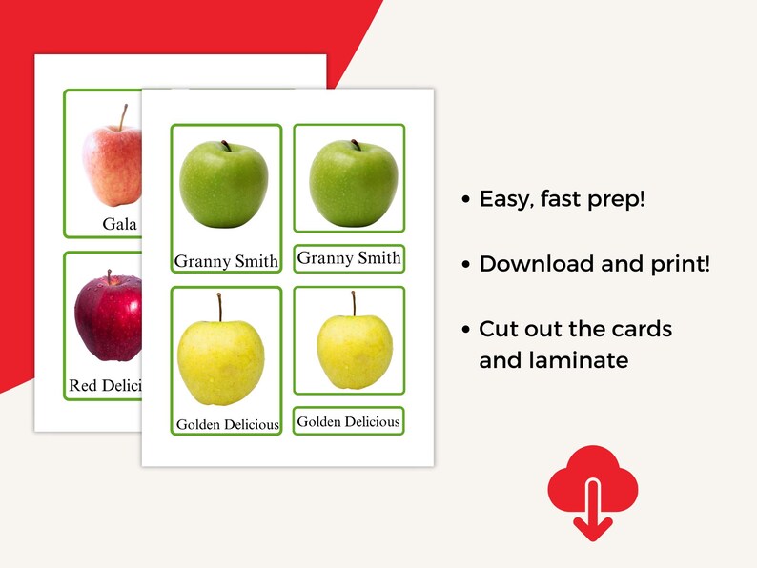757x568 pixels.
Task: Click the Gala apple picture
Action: click(x=112, y=164)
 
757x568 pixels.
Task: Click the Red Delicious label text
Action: click(x=105, y=386)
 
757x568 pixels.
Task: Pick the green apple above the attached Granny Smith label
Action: click(x=224, y=184)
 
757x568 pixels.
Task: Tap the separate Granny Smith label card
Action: click(x=349, y=258)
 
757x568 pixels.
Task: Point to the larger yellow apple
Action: click(x=221, y=359)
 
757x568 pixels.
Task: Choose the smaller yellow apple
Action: click(x=354, y=350)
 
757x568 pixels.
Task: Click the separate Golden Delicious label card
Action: click(x=348, y=421)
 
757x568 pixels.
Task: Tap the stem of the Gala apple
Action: click(x=123, y=117)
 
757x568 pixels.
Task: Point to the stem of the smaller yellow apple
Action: click(x=354, y=303)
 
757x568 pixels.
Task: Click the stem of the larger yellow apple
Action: click(x=219, y=307)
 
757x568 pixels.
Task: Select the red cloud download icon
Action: click(x=592, y=489)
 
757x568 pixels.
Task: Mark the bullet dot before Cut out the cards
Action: click(x=465, y=330)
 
